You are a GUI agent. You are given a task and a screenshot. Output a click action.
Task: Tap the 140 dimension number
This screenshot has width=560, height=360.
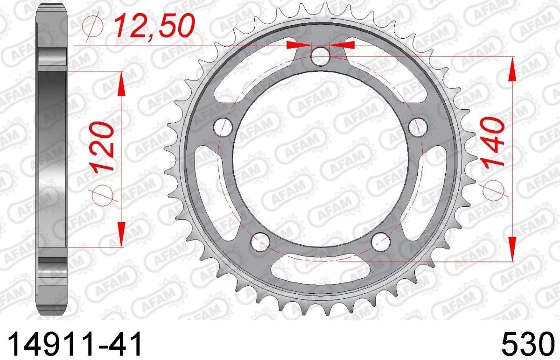click(x=494, y=142)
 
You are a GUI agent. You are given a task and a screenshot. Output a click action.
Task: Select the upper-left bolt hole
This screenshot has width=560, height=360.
click(x=223, y=126)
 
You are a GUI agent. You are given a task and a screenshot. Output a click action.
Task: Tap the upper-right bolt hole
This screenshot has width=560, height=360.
click(x=418, y=126)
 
